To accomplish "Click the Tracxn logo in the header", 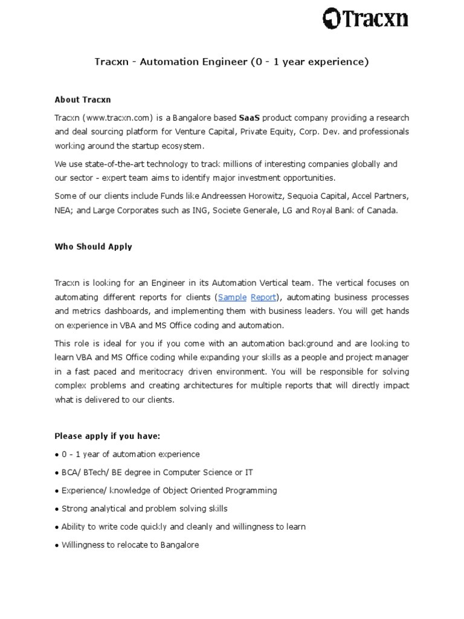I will click(364, 19).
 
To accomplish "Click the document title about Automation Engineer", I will click(231, 62).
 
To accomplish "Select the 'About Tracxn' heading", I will click(83, 99).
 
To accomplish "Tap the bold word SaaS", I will click(250, 117).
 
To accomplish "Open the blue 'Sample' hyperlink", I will click(232, 297).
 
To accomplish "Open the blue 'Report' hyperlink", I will click(263, 297).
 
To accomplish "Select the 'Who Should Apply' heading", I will click(93, 247).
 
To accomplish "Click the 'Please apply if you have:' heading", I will click(108, 436).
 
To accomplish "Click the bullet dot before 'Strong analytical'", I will click(57, 509).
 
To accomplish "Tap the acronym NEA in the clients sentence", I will click(63, 212).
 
